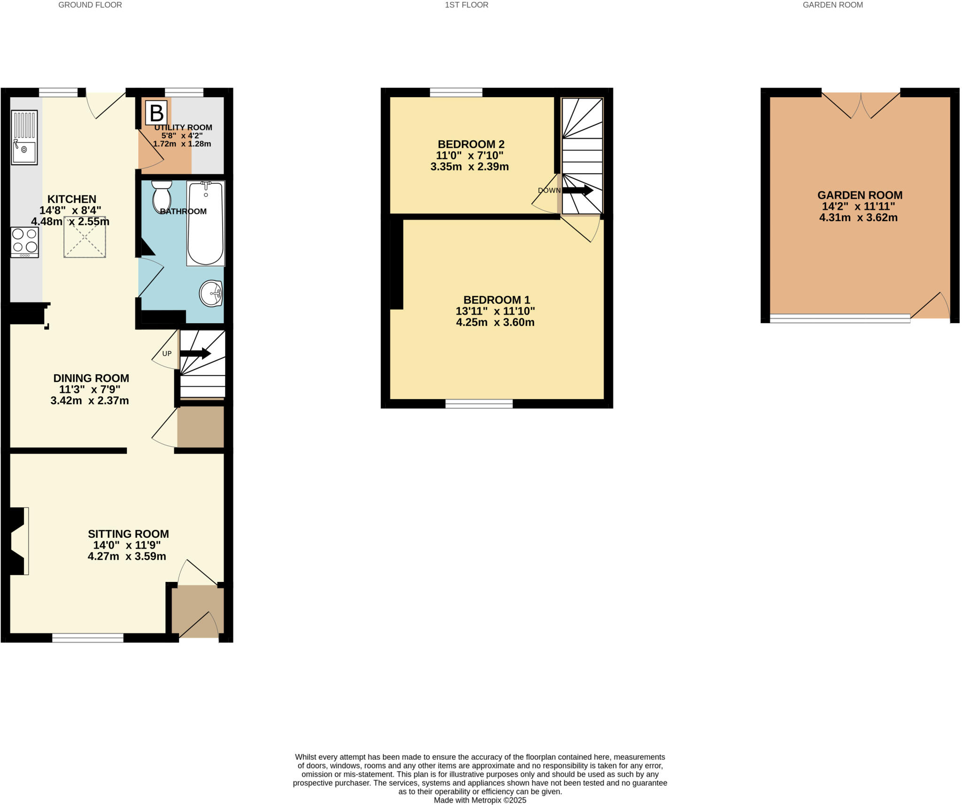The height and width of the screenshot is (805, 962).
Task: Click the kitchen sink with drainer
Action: (x=24, y=137)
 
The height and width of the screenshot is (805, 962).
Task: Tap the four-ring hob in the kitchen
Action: (x=24, y=241)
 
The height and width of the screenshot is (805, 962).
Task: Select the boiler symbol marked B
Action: (x=156, y=113)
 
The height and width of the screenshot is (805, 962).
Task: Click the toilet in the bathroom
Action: (x=162, y=197)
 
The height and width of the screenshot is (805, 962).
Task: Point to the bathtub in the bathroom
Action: (x=205, y=224)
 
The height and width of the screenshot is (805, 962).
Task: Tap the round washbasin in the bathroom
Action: (x=211, y=294)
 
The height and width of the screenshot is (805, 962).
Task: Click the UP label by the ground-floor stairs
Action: (x=167, y=353)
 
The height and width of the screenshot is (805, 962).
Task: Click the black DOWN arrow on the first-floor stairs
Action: (x=578, y=190)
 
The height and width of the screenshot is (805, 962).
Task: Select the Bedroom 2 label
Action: (x=471, y=144)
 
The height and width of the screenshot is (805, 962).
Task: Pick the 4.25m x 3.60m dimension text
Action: (x=495, y=322)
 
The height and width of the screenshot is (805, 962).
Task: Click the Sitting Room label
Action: (x=128, y=534)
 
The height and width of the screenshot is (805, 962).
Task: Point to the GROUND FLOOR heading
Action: (x=90, y=5)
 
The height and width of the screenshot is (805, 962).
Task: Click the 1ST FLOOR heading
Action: (x=466, y=5)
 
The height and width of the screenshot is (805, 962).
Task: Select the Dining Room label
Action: (x=91, y=378)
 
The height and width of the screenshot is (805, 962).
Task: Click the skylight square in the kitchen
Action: (x=85, y=237)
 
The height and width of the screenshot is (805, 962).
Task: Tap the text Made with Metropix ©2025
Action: (x=480, y=800)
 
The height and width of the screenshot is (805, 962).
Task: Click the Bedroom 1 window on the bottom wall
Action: (x=479, y=403)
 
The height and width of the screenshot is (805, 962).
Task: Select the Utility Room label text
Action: (x=183, y=127)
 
